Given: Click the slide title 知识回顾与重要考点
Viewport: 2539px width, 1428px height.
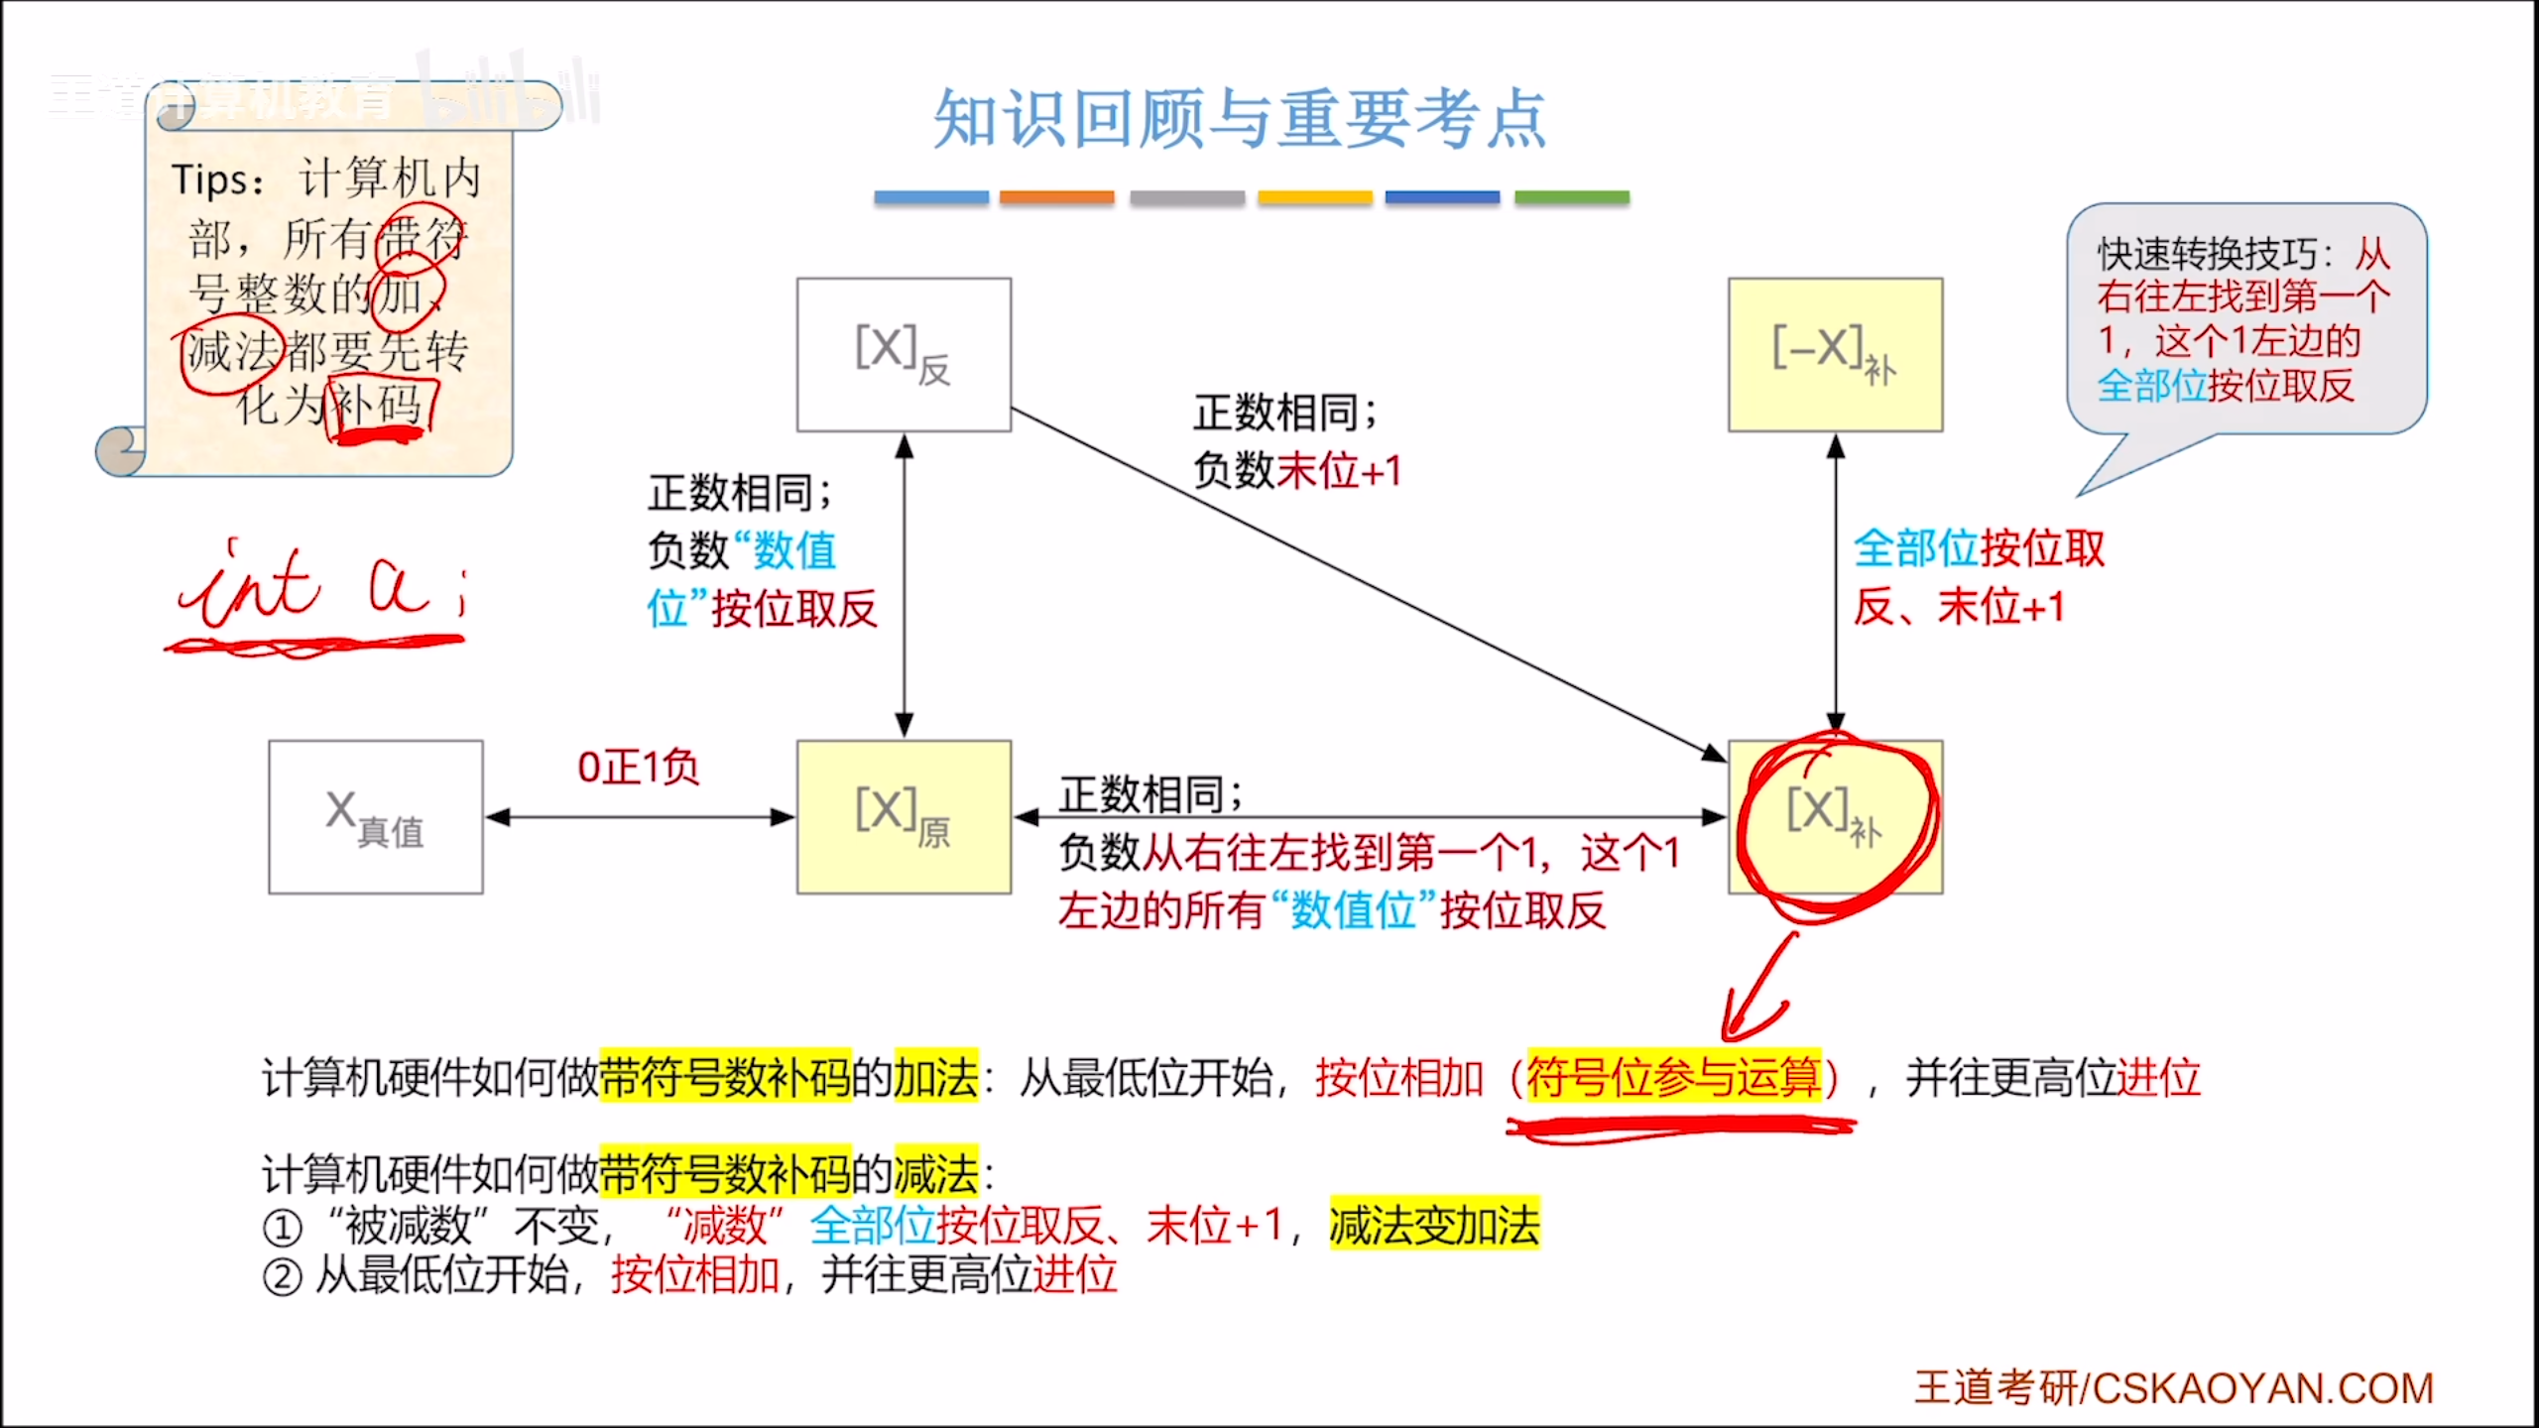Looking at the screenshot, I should pos(1240,119).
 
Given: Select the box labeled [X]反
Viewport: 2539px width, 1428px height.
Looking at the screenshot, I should pos(904,354).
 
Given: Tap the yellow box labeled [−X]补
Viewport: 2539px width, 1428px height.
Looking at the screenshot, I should pos(1835,354).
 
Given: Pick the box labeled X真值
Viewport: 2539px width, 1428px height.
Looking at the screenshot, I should pos(376,817).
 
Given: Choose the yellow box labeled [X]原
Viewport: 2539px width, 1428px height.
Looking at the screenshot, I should pos(904,817).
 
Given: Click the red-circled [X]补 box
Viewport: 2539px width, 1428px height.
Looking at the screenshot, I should pos(1835,817).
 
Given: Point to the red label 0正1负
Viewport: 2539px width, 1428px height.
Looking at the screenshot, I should pos(638,767).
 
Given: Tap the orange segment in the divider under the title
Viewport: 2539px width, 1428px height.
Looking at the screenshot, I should pos(1056,197).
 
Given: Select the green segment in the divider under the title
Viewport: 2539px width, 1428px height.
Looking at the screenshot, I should pos(1571,197).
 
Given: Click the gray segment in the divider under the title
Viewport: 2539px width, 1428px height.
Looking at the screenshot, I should pos(1186,197).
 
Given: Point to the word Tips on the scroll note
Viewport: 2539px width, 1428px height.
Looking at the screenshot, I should pos(211,180).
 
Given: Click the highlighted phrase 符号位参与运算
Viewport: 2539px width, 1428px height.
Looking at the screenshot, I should pos(1674,1078).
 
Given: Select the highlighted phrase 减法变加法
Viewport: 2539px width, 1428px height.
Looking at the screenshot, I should pos(1434,1225).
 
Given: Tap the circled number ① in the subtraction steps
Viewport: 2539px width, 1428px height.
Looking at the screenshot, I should pos(282,1228).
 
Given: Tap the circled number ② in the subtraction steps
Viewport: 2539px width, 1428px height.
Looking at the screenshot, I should pos(282,1277).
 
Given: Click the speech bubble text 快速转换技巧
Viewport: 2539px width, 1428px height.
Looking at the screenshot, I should pos(2206,255).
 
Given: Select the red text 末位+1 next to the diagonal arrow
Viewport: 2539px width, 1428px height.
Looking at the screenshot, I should pos(1339,470).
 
